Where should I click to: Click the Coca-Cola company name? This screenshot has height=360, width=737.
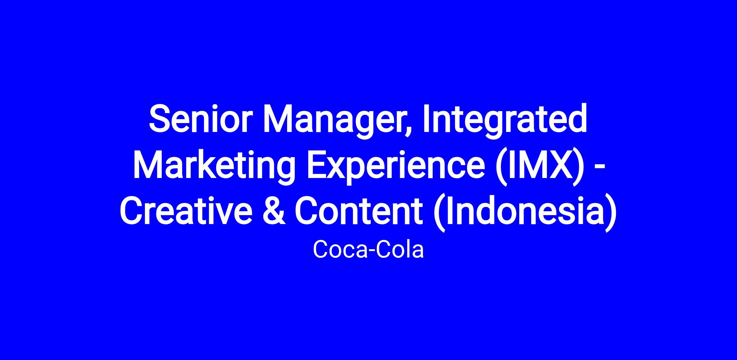click(x=368, y=249)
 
